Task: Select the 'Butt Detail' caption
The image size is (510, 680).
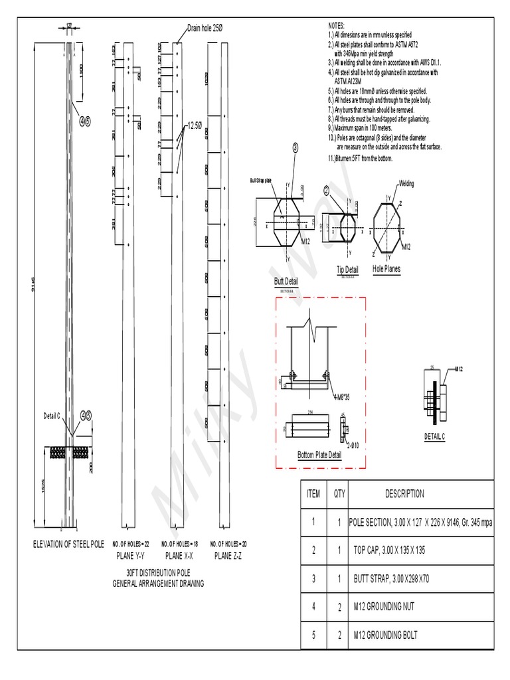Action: coord(286,282)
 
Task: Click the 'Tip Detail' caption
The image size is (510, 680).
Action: coord(347,270)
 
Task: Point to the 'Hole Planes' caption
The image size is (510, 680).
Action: coord(386,270)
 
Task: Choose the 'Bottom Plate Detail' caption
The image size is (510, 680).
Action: coord(319,455)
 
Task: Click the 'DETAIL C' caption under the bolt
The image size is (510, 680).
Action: coord(434,436)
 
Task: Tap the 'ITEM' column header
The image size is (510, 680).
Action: coord(313,494)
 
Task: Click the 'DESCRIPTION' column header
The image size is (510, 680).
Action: coord(404,494)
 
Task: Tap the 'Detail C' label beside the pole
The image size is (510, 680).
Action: coord(52,415)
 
